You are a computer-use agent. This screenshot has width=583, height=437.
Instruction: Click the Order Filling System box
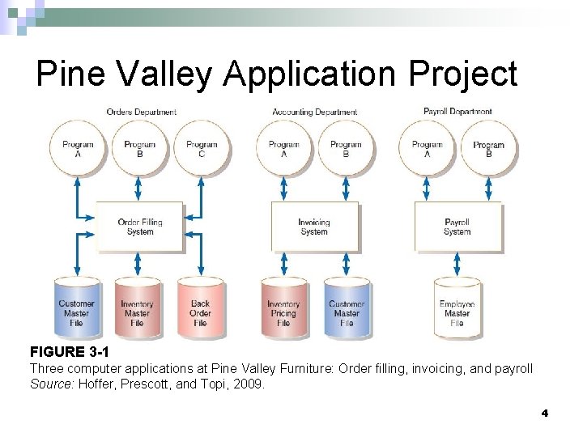139,227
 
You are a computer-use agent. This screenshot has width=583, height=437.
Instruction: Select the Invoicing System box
313,227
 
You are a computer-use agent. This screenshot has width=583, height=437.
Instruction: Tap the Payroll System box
457,227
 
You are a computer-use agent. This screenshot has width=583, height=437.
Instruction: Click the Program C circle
202,149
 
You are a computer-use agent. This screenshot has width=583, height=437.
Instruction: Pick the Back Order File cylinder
200,308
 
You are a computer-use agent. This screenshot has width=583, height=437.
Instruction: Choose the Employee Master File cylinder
457,308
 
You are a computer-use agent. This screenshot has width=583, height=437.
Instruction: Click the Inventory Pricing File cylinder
283,308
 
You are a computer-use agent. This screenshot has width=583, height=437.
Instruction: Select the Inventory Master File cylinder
137,308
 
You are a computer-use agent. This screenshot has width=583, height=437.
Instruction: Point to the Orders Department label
142,112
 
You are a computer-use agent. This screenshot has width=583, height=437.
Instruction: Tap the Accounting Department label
314,112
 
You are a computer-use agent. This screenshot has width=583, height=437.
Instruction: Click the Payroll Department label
457,111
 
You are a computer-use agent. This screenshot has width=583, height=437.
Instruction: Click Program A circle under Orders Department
78,149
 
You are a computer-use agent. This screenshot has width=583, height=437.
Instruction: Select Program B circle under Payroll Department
488,149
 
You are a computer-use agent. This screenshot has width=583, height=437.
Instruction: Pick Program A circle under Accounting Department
283,149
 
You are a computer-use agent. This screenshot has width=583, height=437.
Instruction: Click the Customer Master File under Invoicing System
347,308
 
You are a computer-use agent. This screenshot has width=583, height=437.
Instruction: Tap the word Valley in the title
168,74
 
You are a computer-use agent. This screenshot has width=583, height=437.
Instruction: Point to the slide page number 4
544,413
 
